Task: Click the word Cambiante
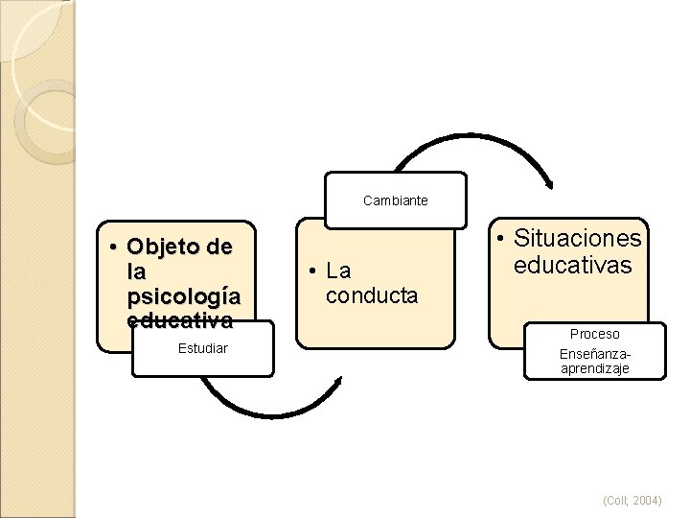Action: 395,201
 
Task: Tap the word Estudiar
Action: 202,347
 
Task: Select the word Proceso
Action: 594,334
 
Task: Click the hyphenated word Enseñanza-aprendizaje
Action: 594,361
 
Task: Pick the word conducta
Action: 372,295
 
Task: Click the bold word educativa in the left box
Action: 178,318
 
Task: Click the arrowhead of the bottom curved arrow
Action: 337,381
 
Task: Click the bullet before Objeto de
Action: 114,248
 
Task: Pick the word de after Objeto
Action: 218,247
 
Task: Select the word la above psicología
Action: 135,271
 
